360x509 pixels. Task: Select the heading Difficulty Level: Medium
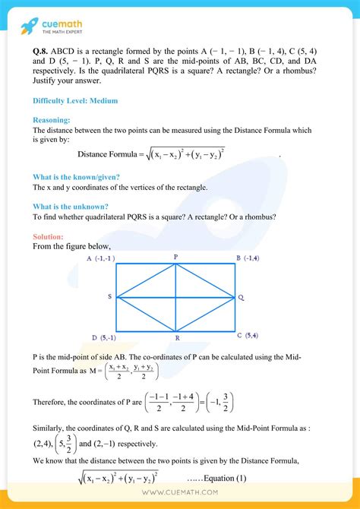(74, 100)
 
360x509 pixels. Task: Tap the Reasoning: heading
(52, 120)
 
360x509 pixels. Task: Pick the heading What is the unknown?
(70, 206)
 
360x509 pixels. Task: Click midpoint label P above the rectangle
(175, 258)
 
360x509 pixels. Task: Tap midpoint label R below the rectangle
(176, 337)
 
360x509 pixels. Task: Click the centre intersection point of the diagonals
(176, 297)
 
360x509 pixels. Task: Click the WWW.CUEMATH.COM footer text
(180, 498)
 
